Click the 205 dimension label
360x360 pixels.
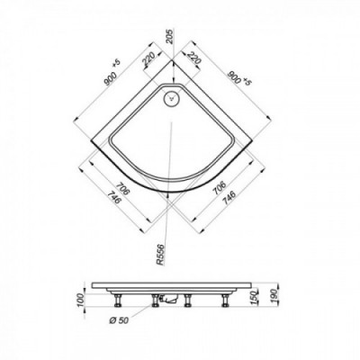[170, 37]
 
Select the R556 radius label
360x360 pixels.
[161, 255]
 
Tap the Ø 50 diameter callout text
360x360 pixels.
[119, 320]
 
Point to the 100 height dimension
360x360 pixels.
[79, 299]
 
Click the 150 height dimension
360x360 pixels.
[255, 297]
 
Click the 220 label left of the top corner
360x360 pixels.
[148, 59]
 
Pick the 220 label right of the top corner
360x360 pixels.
[194, 58]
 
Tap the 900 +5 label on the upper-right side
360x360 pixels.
[238, 77]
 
